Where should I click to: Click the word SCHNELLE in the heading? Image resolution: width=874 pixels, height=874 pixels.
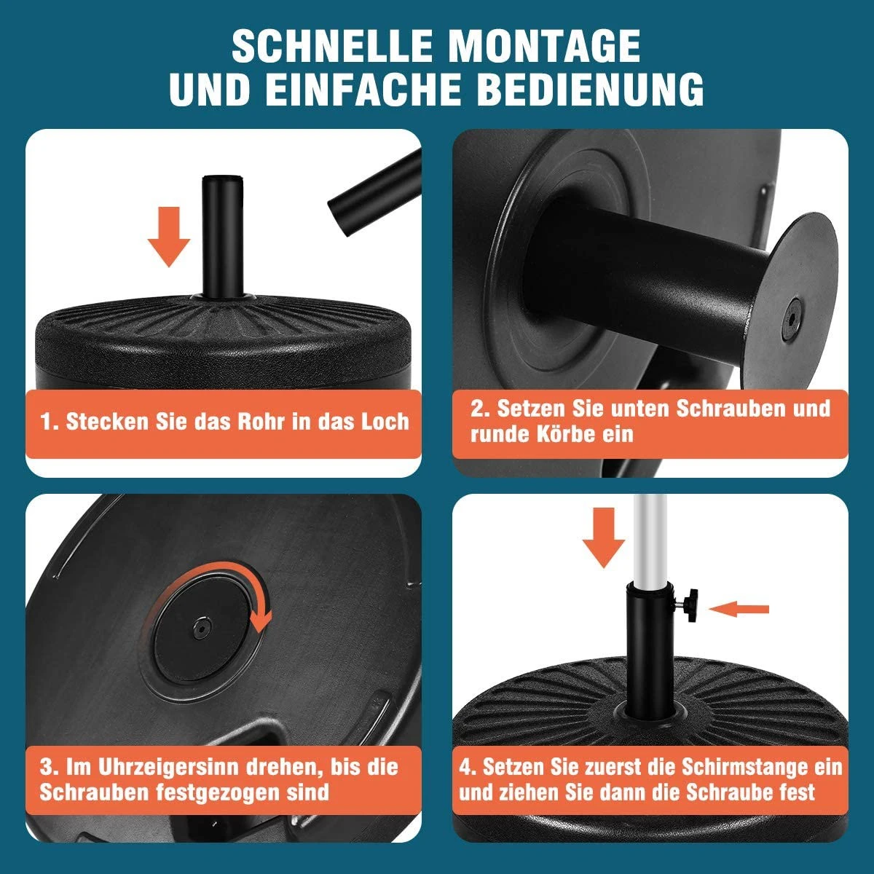click(332, 46)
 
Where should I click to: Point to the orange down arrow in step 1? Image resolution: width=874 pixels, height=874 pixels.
click(169, 236)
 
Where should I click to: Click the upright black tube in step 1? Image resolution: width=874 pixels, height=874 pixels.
click(222, 236)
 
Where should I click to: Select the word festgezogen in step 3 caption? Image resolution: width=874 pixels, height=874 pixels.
click(219, 792)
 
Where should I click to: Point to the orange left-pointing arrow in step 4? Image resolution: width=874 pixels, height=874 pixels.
click(739, 609)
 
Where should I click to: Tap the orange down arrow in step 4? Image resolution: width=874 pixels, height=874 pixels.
click(604, 538)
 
